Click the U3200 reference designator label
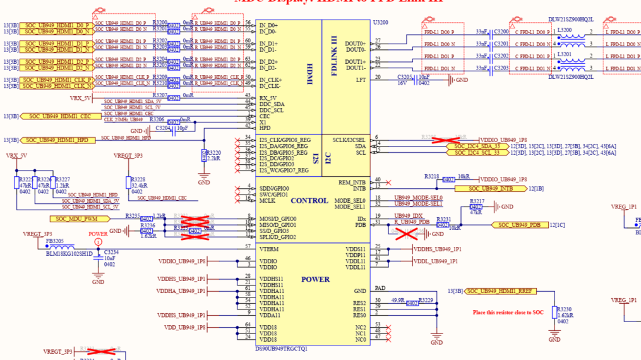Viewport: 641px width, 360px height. (x=380, y=21)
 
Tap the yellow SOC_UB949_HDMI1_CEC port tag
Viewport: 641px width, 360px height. (x=57, y=116)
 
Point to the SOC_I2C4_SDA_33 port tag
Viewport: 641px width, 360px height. (x=477, y=146)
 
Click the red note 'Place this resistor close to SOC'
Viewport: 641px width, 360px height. (x=508, y=313)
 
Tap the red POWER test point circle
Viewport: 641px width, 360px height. (x=98, y=241)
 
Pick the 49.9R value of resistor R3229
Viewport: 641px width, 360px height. (x=398, y=300)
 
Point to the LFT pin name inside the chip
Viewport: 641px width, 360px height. (x=361, y=80)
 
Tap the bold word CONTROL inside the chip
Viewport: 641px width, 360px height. (x=309, y=201)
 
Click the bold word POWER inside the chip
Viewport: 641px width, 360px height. (x=315, y=279)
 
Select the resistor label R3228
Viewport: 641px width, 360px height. (x=138, y=179)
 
